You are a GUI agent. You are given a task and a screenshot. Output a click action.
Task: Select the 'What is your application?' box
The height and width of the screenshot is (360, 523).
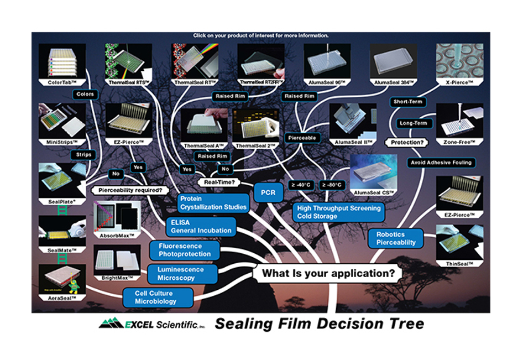(328, 273)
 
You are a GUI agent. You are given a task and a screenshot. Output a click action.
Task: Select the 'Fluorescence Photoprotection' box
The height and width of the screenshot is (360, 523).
(184, 250)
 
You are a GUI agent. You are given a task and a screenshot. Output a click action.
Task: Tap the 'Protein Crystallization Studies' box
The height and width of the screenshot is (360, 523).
(213, 202)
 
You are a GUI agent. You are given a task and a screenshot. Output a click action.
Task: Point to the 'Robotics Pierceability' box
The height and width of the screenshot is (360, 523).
(396, 238)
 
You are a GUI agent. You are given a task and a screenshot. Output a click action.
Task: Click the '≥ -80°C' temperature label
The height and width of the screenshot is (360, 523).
(333, 184)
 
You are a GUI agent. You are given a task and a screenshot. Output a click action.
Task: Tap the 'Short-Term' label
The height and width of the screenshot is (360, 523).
(408, 102)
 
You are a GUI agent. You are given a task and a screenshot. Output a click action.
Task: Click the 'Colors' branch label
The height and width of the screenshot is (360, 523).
(85, 95)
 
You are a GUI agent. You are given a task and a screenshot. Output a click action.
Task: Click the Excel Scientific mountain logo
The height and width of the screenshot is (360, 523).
(111, 324)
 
